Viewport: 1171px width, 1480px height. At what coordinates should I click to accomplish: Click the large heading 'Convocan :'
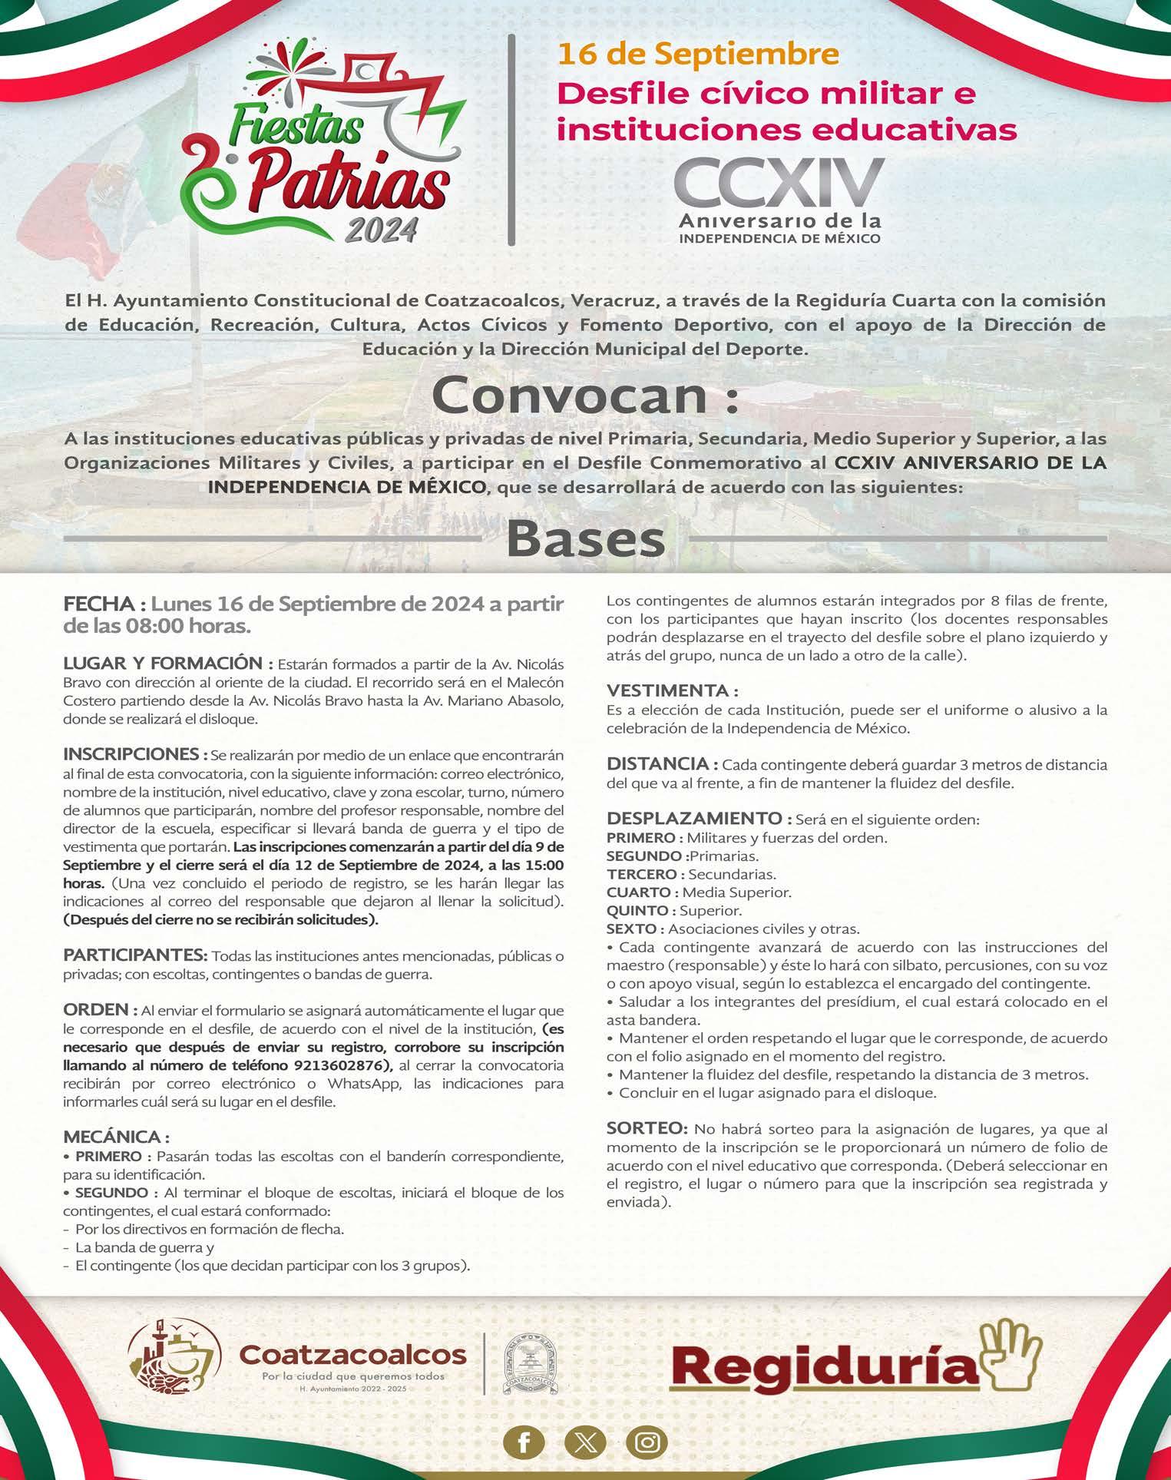pos(585,396)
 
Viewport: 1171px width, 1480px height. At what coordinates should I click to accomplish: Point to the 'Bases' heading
pos(585,539)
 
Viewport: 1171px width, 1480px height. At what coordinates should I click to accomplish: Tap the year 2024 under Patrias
pos(381,229)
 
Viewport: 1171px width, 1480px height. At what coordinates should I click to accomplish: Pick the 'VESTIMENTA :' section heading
pos(672,690)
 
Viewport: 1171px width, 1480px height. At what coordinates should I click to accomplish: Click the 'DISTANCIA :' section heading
pos(662,764)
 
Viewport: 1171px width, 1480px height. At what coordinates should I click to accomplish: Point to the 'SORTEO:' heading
pos(647,1128)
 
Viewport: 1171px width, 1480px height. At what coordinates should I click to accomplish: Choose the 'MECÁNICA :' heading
pos(116,1137)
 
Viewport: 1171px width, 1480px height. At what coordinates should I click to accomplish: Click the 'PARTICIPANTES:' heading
pos(135,955)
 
